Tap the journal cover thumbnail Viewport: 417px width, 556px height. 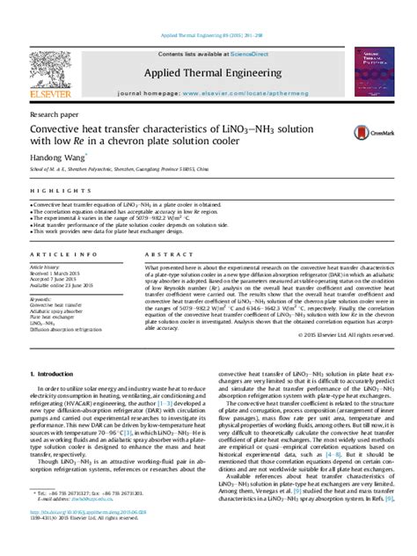click(374, 71)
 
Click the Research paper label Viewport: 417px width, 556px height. click(52, 113)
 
